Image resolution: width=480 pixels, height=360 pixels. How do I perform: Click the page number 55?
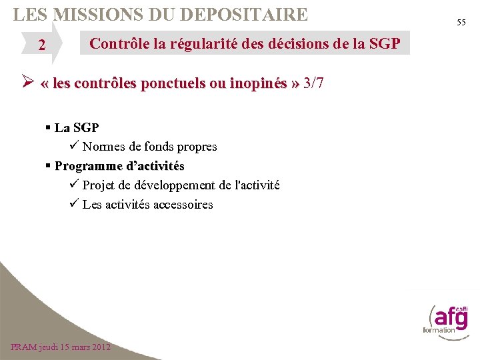point(461,23)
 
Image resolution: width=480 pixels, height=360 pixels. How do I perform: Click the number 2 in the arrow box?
point(42,45)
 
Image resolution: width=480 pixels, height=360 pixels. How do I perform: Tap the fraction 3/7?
point(313,84)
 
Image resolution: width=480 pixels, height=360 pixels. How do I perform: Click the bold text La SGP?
point(77,127)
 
